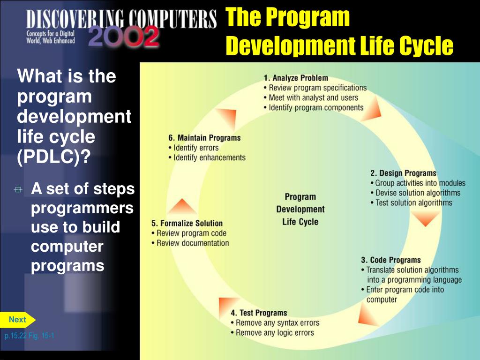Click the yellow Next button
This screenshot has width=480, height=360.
pos(17,320)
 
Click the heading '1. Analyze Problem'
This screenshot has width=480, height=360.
pos(295,78)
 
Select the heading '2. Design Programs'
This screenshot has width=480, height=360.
pos(403,173)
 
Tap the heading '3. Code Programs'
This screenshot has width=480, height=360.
pos(390,260)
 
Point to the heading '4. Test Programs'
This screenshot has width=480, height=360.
pos(258,313)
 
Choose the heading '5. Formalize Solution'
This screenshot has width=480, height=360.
pos(187,223)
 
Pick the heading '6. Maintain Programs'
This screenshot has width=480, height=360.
pos(204,138)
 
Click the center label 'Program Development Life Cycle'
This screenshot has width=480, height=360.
pos(300,209)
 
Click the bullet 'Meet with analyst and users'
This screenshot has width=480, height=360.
pos(310,97)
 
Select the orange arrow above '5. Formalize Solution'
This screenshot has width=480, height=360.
pos(181,207)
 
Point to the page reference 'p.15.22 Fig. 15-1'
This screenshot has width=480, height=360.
pos(30,336)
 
